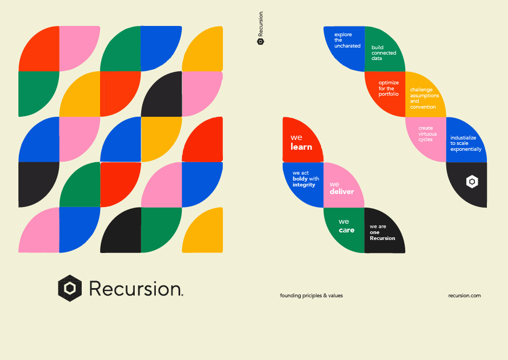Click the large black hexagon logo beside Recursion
coord(70,288)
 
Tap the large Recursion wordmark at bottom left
coord(136,289)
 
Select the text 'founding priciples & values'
coord(311,296)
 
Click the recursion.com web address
coord(464,296)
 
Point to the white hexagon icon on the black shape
coord(472,182)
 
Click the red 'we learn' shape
coord(303,139)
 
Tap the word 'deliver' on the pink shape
coord(342,192)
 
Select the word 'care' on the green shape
coord(347,230)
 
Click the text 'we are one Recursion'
coord(382,232)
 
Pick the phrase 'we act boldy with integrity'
coord(306,179)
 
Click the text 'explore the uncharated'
coord(347,40)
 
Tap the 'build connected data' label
coord(384,53)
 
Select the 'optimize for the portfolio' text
coord(388,89)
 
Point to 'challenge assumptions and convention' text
coord(424,98)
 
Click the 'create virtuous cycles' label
coord(427,134)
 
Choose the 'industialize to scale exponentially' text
coord(466,143)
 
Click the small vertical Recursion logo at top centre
coord(260,28)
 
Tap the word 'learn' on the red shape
coord(301,147)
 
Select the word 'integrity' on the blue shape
coord(304,185)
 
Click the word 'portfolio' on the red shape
coord(388,94)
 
